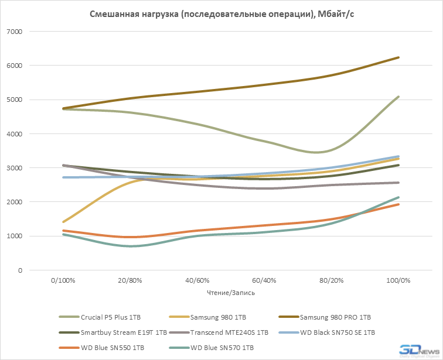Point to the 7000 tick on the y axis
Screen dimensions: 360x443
click(30, 32)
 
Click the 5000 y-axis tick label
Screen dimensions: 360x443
click(30, 100)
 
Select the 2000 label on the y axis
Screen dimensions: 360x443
click(30, 202)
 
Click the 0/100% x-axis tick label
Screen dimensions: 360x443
click(63, 280)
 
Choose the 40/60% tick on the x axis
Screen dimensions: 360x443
click(197, 280)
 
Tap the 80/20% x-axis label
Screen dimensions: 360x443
click(330, 280)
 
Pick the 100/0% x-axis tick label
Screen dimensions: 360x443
click(397, 280)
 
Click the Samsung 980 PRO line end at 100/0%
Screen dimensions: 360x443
click(398, 57)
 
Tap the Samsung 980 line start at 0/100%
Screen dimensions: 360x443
click(63, 222)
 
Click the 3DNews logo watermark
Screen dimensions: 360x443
click(418, 349)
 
